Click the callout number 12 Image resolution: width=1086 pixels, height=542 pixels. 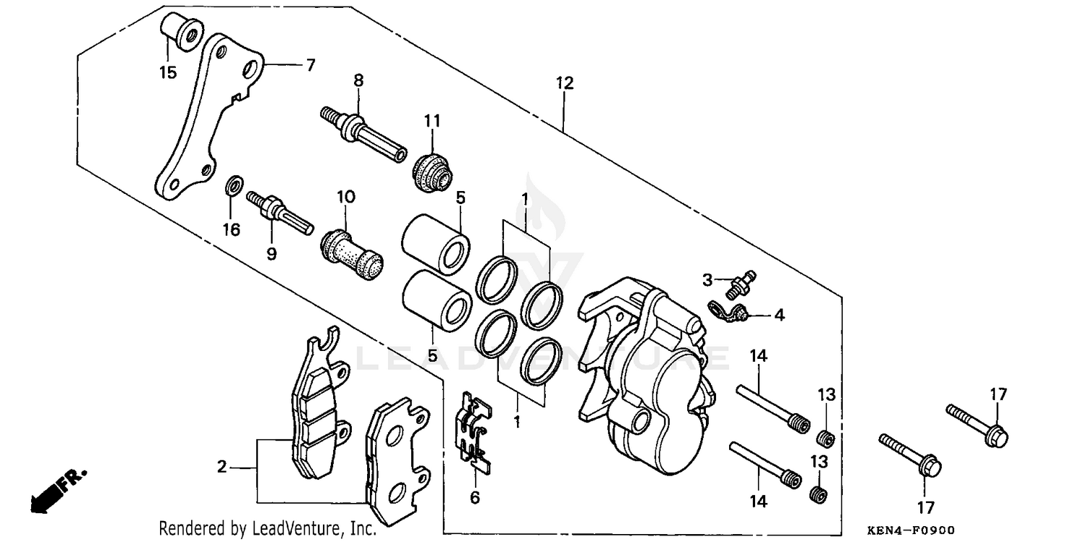point(565,83)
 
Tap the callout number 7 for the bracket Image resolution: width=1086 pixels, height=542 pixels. point(310,65)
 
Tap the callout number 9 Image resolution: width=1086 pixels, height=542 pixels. point(271,254)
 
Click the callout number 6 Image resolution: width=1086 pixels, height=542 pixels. point(475,498)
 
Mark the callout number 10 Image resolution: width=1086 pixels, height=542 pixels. point(345,197)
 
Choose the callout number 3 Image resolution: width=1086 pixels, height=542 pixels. point(707,279)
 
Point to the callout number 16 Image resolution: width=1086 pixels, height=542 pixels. point(231,230)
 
